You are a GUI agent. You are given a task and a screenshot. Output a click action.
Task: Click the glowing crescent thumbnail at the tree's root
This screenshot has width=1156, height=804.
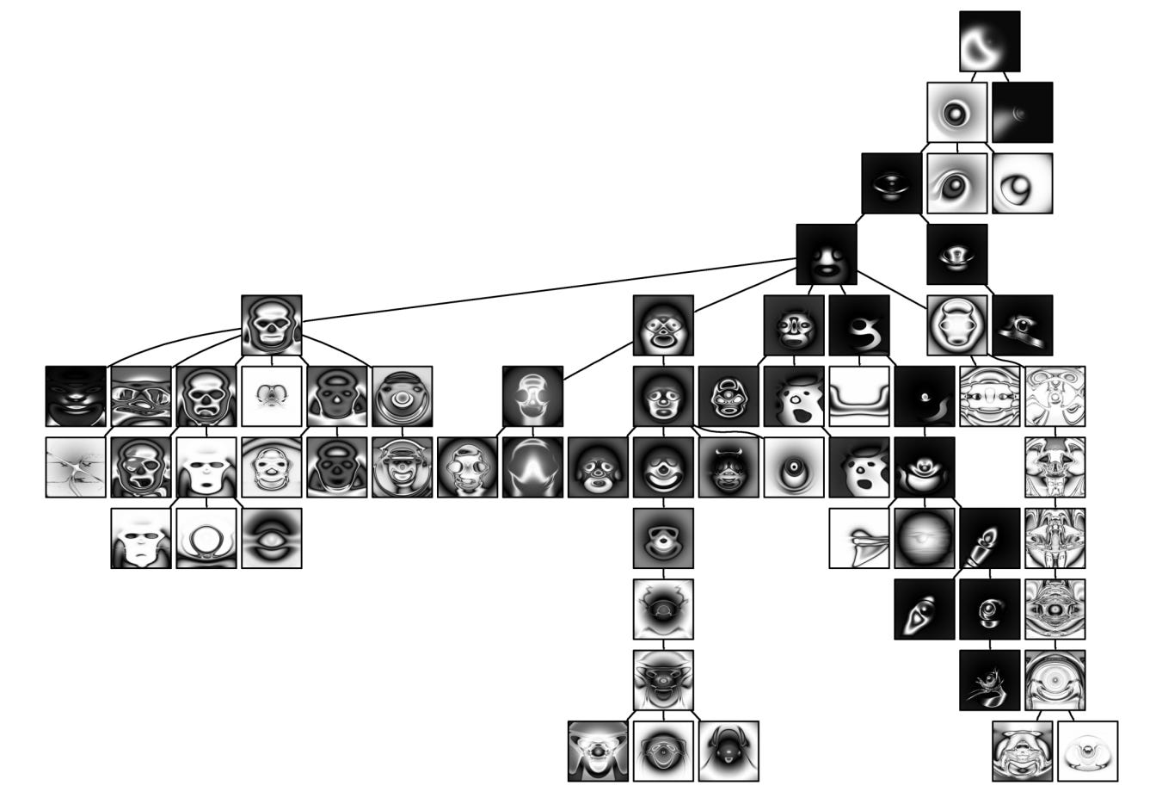pos(989,41)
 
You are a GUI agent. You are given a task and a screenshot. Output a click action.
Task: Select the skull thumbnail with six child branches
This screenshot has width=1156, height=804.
pos(272,325)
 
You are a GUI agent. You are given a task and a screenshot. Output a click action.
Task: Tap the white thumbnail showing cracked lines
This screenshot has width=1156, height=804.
pos(76,467)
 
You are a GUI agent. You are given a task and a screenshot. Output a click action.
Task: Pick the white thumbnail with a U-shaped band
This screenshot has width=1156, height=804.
pos(858,397)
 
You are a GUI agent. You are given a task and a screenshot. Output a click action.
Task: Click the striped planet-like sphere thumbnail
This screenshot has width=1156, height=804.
pos(925,538)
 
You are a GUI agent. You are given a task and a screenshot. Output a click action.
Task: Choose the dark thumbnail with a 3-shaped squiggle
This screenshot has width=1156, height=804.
pos(859,325)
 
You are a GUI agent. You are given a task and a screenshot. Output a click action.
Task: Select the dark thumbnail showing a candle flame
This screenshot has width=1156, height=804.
pos(990,538)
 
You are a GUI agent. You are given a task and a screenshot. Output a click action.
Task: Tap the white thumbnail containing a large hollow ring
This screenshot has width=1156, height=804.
pos(206,538)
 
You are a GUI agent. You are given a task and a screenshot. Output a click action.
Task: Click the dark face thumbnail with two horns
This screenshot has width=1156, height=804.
pos(729,467)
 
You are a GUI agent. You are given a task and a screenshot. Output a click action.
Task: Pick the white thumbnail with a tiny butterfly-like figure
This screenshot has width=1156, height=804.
pos(272,397)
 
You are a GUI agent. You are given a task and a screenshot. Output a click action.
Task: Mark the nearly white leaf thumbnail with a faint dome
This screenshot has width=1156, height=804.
pos(1088,751)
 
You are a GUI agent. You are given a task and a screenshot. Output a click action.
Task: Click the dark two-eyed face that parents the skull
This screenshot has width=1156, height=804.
pos(827,254)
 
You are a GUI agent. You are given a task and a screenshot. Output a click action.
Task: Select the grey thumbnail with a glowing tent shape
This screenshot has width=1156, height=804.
pos(532,467)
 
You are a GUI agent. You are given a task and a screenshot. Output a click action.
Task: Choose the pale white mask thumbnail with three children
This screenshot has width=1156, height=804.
pos(206,467)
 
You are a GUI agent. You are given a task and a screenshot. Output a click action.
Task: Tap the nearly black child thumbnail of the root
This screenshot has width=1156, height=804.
pos(1023,112)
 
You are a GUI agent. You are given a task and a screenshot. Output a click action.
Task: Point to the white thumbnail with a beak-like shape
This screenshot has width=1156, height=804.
pos(859,538)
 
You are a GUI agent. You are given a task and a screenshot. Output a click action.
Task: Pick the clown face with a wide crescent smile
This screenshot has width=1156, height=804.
pos(663,467)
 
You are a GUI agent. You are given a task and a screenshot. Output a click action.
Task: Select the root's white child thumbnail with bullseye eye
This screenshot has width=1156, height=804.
pos(956,112)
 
